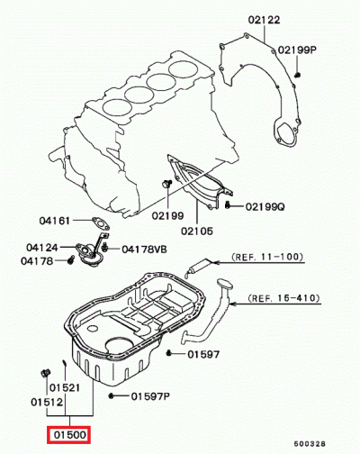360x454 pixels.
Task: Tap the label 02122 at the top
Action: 262,19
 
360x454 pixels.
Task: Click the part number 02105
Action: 197,231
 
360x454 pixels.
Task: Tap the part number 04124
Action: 42,247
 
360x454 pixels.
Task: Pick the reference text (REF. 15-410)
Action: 281,296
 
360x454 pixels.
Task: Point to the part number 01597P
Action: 151,395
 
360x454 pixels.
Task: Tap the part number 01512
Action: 48,402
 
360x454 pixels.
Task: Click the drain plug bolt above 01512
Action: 45,372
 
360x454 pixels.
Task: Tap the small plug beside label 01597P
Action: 111,395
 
